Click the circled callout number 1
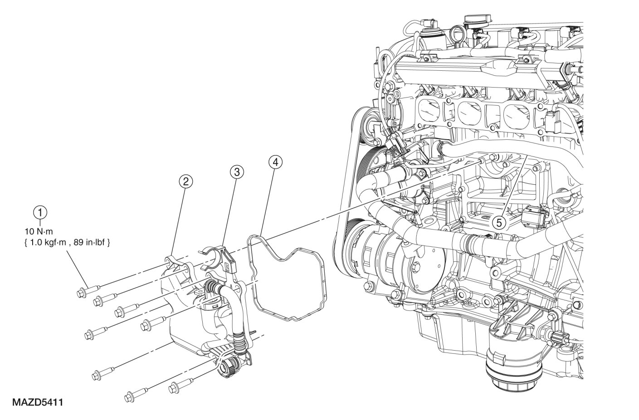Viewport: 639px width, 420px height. tap(40, 213)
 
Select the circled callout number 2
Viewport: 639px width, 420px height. tap(185, 181)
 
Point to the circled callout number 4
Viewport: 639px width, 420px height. tap(275, 162)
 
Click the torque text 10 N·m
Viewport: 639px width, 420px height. tap(39, 231)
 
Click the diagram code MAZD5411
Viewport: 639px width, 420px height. tap(37, 403)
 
